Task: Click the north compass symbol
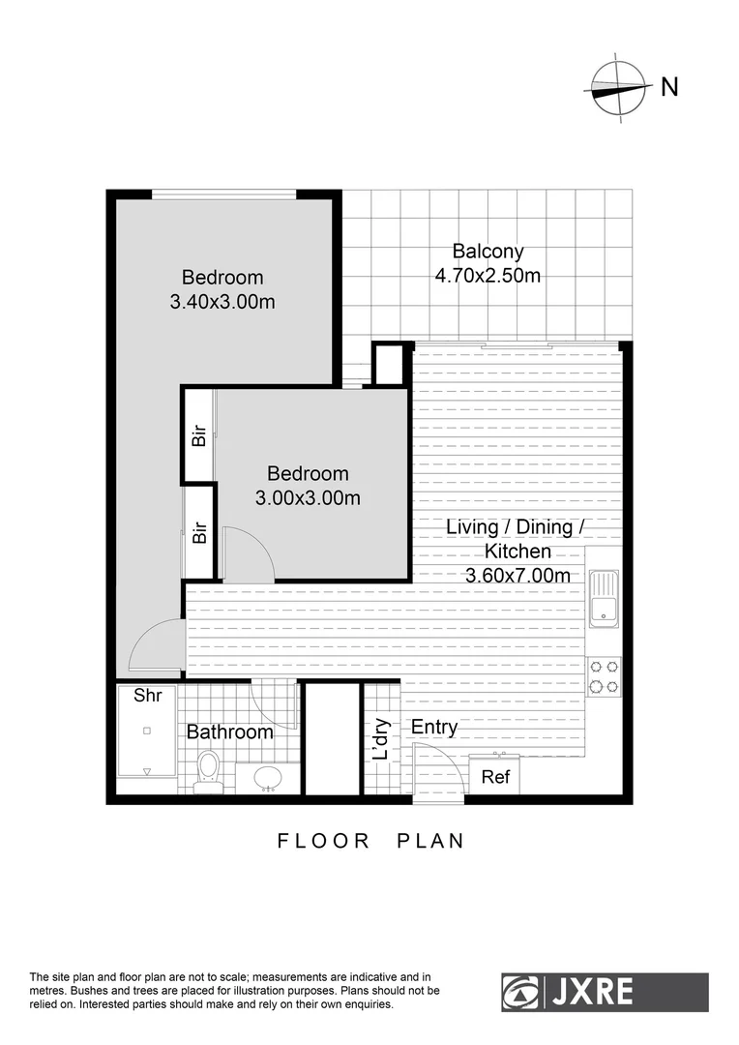[x=617, y=88]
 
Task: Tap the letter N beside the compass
[x=668, y=87]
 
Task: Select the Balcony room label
[x=488, y=252]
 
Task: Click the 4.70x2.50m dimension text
[x=488, y=276]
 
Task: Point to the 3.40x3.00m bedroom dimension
[x=222, y=302]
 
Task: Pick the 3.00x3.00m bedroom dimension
[x=308, y=498]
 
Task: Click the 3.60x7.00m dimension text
[x=517, y=576]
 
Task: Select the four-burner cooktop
[x=605, y=676]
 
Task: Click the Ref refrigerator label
[x=495, y=777]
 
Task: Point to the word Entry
[x=434, y=727]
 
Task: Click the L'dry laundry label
[x=382, y=738]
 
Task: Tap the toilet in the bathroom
[x=208, y=771]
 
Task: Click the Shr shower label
[x=147, y=695]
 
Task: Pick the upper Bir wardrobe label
[x=199, y=435]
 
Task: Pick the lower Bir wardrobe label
[x=199, y=532]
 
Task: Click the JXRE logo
[x=605, y=993]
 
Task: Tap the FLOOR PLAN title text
[x=370, y=841]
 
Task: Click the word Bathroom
[x=230, y=732]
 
